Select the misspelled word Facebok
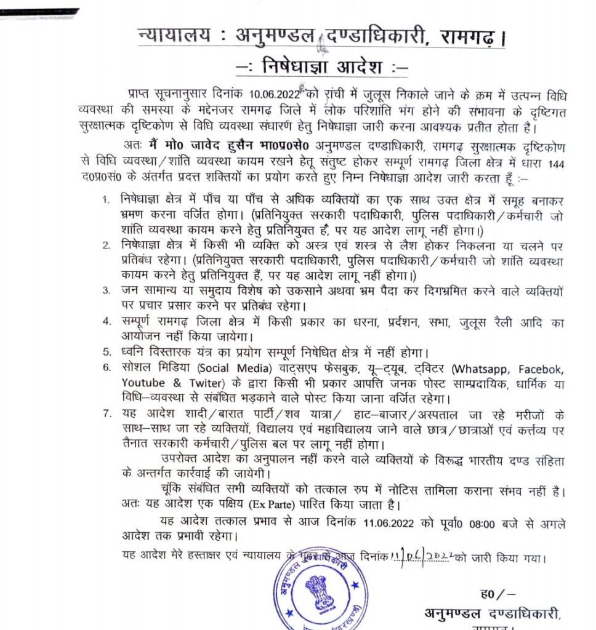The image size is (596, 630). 540,369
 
